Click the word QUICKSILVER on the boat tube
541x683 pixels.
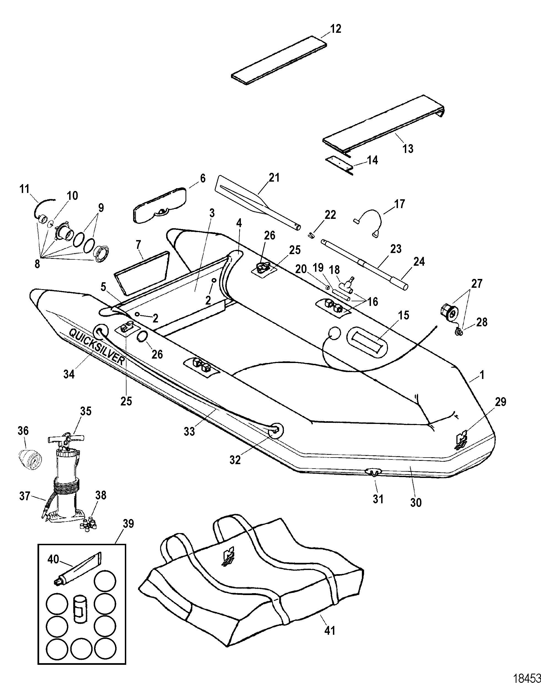coord(97,347)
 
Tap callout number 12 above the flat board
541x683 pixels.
coord(336,29)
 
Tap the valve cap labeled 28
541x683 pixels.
coord(459,332)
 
